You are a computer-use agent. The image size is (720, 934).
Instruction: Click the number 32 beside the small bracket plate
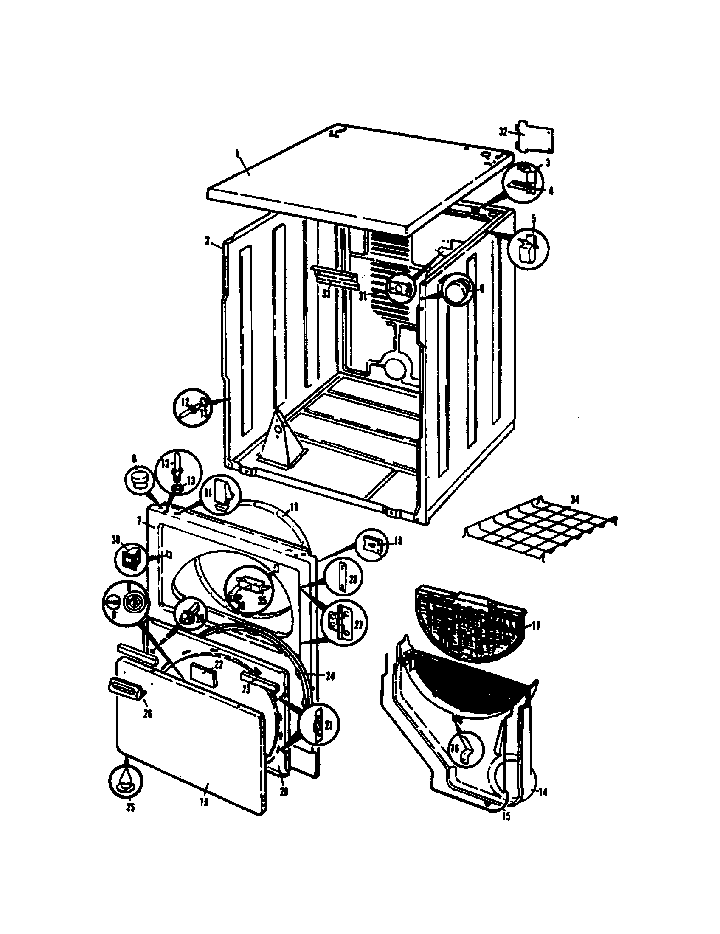point(503,132)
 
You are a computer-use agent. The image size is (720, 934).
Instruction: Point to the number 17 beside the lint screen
point(535,626)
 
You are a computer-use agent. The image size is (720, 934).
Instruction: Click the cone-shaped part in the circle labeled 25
point(124,779)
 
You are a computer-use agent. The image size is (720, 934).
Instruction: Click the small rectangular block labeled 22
point(202,675)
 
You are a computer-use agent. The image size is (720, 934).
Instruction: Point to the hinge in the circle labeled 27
point(342,624)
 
